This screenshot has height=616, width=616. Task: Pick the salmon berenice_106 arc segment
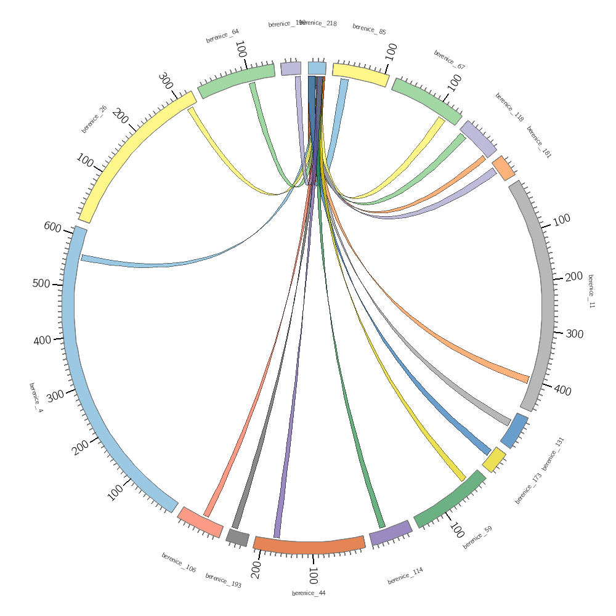(200, 522)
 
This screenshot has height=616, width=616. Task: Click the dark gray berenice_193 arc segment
(237, 537)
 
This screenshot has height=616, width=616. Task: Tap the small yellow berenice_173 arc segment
(494, 460)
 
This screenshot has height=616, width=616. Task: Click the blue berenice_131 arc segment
(514, 430)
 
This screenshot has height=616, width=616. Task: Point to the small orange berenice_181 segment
(503, 168)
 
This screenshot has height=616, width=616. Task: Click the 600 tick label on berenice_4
(52, 227)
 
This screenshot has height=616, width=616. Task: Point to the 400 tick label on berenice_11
(562, 391)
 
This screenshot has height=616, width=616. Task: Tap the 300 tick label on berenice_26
(165, 81)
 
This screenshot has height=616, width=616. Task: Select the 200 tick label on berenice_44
(256, 570)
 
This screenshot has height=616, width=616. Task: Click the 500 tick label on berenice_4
(41, 284)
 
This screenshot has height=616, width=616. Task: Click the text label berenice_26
(94, 119)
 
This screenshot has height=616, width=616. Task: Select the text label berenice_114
(405, 576)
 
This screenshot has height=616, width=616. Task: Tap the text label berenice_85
(369, 29)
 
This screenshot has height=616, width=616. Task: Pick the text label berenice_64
(222, 36)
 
